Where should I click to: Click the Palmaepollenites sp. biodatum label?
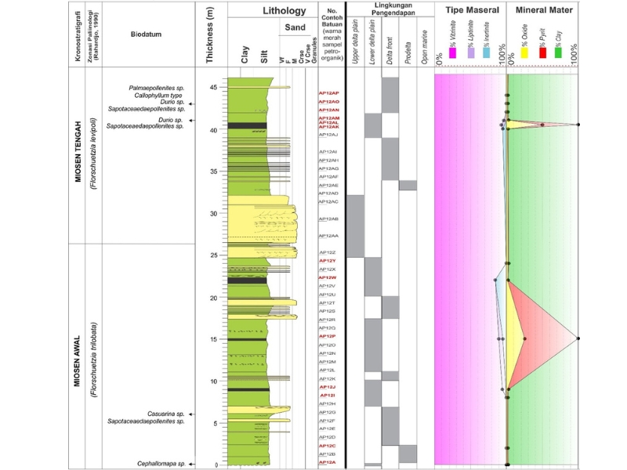click(x=157, y=88)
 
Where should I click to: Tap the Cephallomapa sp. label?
click(x=160, y=464)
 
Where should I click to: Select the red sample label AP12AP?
click(x=328, y=93)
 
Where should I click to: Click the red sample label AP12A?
click(x=327, y=463)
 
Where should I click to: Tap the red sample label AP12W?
click(x=328, y=278)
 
